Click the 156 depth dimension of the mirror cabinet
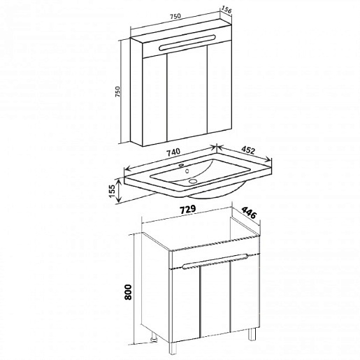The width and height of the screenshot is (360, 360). [226, 10]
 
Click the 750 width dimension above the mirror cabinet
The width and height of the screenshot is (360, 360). [175, 16]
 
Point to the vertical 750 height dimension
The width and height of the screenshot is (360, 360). [117, 92]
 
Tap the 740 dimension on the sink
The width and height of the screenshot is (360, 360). [173, 152]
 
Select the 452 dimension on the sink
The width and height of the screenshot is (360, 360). [247, 150]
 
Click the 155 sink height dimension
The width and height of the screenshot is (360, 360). [113, 191]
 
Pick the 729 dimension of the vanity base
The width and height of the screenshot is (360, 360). [187, 209]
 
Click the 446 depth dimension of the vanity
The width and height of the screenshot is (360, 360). [249, 213]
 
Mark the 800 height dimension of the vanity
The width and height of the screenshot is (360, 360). [128, 292]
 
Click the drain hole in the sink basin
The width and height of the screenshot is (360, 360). [193, 180]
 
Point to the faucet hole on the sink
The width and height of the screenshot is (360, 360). [181, 165]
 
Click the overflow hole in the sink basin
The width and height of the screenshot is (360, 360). [187, 171]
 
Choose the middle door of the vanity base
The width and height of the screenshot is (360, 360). [215, 301]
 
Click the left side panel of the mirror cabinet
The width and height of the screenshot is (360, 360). [136, 92]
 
